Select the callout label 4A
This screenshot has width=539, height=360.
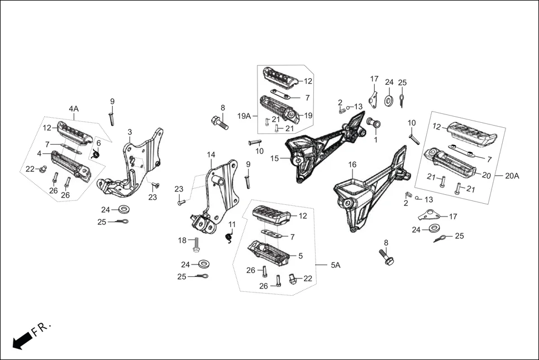[74, 108]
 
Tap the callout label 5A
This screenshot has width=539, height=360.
[335, 266]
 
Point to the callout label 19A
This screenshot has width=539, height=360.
[244, 116]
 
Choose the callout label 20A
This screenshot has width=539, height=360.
[512, 175]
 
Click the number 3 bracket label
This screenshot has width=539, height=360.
[130, 132]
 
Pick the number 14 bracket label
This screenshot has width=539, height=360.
[211, 155]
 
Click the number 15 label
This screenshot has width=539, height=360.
[274, 159]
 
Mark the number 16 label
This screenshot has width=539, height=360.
[352, 165]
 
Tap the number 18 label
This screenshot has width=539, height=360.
[182, 241]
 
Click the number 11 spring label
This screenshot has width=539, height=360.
[232, 224]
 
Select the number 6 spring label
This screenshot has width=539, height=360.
[98, 143]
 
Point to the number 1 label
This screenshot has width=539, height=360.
[375, 140]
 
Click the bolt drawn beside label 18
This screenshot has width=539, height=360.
[196, 244]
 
